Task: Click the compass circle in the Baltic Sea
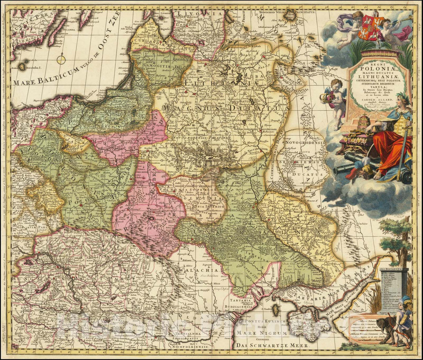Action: click(61, 60)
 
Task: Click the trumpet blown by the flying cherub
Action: click(403, 18)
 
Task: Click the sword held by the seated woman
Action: click(403, 149)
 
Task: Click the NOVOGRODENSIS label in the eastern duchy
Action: click(305, 143)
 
